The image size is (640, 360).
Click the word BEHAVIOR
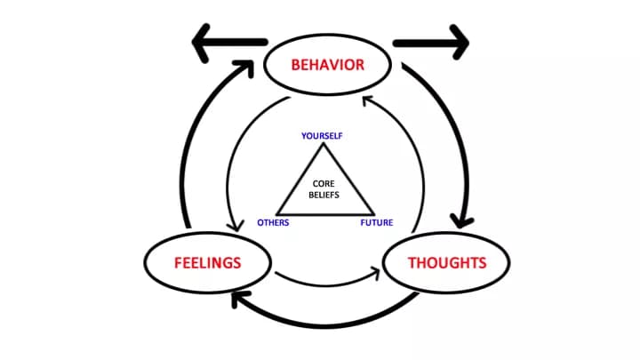328,64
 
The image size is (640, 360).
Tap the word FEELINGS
208,263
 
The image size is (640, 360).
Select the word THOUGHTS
446,263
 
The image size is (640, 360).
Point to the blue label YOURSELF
322,136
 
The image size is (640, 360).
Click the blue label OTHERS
273,222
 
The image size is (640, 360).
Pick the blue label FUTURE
377,222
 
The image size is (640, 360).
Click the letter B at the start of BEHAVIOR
296,64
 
